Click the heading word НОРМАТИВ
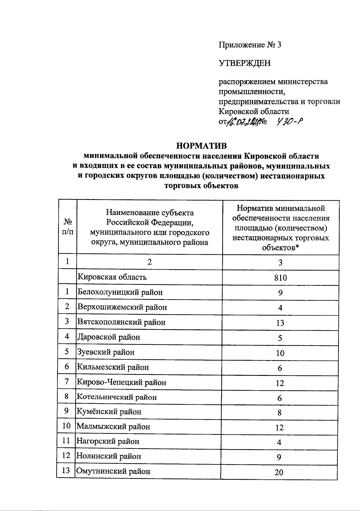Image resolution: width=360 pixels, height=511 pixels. point(201,146)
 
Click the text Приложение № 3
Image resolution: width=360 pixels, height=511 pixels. point(250,45)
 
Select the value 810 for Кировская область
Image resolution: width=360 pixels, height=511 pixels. point(280,278)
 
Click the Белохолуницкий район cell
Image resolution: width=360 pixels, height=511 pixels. point(120,292)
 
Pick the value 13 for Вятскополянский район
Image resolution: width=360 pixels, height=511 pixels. point(280,323)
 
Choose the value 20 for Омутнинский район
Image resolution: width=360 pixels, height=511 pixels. point(279,472)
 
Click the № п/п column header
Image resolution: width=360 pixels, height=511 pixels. point(68,227)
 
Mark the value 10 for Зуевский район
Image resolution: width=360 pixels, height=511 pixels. point(280,353)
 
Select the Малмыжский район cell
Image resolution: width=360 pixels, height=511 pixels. point(113,427)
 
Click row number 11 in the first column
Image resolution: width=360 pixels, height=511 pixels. point(66,441)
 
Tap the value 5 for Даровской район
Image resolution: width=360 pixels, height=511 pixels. point(280,338)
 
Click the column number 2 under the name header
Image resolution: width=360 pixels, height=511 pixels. point(149,262)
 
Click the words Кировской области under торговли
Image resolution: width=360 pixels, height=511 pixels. point(253,111)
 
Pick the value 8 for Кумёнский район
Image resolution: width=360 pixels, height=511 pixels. point(279,413)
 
